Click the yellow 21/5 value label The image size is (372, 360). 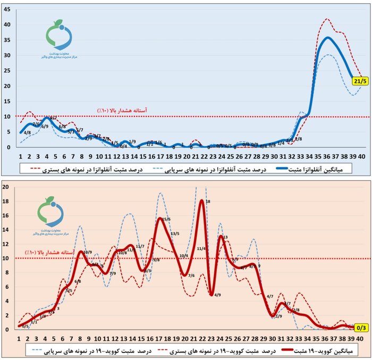[358, 81]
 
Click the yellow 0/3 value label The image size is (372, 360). [359, 329]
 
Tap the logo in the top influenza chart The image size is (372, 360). [60, 40]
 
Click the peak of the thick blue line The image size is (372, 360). [328, 37]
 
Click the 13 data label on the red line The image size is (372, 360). [225, 237]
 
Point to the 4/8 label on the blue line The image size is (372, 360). [27, 132]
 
